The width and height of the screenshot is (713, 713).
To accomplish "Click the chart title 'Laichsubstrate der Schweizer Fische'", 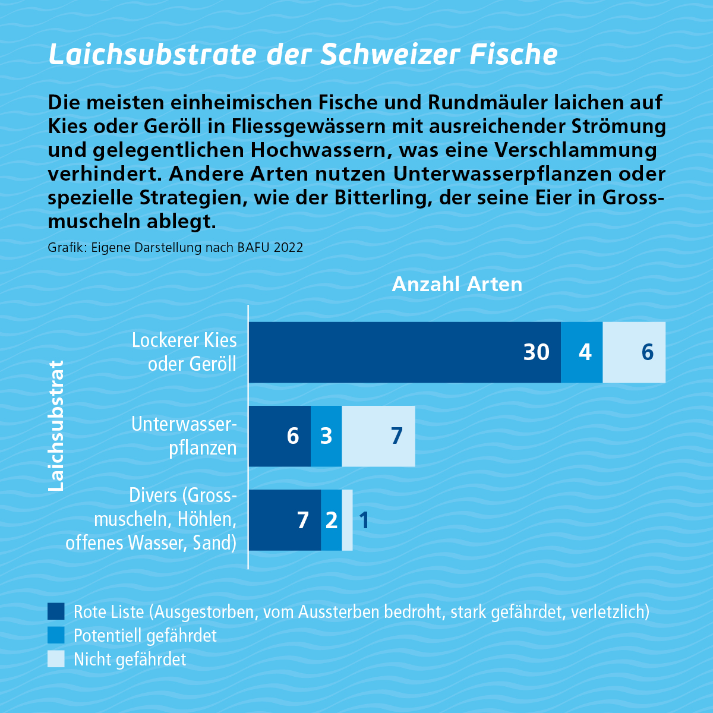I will tap(303, 55).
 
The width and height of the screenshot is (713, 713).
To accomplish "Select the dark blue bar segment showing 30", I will tap(404, 352).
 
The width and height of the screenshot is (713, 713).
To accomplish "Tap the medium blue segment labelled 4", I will tap(582, 352).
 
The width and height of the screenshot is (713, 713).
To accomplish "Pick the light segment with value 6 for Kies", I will tap(634, 352).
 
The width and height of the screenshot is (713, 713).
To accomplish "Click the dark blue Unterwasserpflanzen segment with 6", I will tap(279, 436).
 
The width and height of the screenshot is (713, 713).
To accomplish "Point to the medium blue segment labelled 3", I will tap(326, 436).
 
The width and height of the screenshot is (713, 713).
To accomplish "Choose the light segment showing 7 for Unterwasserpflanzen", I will tap(378, 436).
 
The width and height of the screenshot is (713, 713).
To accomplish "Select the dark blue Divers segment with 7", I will tap(285, 520).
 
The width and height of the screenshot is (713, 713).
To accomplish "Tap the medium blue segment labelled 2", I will tap(331, 520).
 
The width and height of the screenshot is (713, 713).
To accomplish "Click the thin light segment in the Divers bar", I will tap(347, 520).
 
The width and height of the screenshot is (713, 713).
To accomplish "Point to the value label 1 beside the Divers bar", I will tap(364, 520).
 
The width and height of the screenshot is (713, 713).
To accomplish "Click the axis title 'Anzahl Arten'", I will tap(457, 285).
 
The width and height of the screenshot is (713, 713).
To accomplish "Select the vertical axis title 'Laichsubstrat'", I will tap(56, 425).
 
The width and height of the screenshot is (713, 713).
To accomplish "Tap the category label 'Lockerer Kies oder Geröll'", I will tap(184, 352).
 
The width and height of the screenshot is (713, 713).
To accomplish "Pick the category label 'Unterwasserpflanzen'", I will tap(184, 436).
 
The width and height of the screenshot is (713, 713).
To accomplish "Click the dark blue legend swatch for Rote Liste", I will tap(56, 611).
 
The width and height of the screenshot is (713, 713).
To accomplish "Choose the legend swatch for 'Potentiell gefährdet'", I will tap(56, 635).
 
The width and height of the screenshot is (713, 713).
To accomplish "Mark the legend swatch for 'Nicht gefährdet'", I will tap(56, 659).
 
